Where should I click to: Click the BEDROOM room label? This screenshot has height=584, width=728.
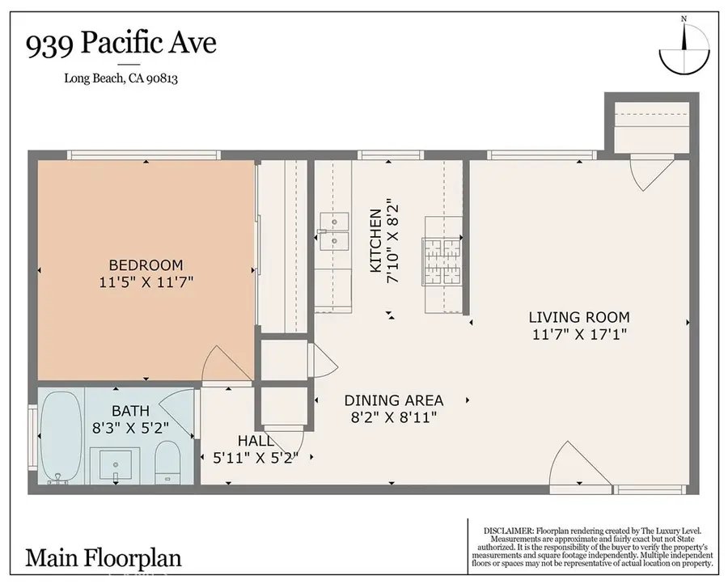[146, 264]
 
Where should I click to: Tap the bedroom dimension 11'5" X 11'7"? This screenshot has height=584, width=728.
[146, 281]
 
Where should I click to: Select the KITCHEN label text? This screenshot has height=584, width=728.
[375, 241]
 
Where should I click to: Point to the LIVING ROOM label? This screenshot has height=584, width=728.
[579, 317]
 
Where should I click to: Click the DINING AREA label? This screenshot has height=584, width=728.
[394, 400]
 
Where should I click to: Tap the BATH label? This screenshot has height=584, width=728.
[131, 411]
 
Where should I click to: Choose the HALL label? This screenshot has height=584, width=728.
[256, 441]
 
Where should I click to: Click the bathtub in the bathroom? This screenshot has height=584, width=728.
[61, 437]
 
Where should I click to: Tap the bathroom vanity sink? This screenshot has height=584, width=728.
[116, 463]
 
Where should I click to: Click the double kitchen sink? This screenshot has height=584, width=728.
[333, 231]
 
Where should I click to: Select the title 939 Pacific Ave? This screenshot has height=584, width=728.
[121, 43]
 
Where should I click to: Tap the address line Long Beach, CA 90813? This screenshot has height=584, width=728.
[122, 78]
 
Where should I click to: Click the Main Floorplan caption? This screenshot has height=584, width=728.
[104, 557]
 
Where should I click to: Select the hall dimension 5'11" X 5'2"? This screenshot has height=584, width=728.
[256, 457]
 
